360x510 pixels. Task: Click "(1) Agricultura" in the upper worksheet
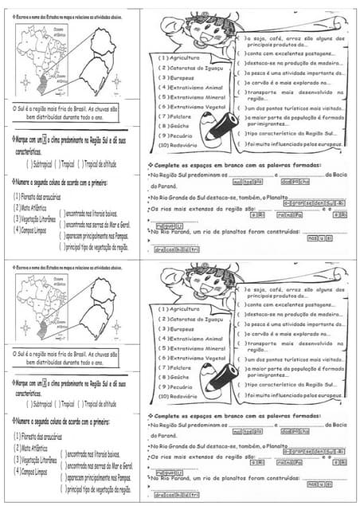coord(182,58)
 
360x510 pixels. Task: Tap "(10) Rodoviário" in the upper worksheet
coord(183,145)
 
